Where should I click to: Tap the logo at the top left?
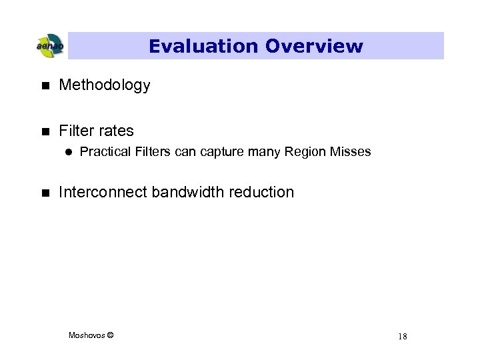pyautogui.click(x=49, y=46)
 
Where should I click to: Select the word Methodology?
pyautogui.click(x=105, y=85)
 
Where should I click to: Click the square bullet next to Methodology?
pyautogui.click(x=45, y=85)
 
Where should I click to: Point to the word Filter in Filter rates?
pyautogui.click(x=77, y=131)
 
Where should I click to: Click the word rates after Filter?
pyautogui.click(x=115, y=131)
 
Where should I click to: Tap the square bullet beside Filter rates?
pyautogui.click(x=45, y=131)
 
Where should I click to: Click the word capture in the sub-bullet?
pyautogui.click(x=221, y=152)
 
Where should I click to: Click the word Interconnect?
pyautogui.click(x=103, y=192)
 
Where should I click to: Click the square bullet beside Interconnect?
pyautogui.click(x=45, y=193)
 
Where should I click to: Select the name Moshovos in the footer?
pyautogui.click(x=86, y=335)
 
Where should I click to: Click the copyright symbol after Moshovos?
pyautogui.click(x=110, y=335)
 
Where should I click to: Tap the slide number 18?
pyautogui.click(x=402, y=336)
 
